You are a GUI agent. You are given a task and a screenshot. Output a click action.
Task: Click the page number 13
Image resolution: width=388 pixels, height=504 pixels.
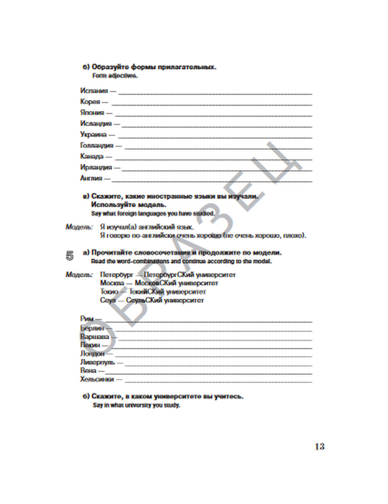click(319, 447)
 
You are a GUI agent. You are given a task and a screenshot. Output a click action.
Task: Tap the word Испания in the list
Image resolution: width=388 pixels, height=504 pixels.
click(94, 91)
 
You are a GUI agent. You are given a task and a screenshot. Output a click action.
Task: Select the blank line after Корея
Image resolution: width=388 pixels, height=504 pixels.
click(211, 104)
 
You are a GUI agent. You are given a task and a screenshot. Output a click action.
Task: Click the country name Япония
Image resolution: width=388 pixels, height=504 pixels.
click(92, 113)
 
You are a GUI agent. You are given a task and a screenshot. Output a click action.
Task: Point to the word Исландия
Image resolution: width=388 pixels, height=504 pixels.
click(96, 124)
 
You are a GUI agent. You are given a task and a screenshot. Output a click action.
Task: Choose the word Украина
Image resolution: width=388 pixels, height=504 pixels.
click(93, 135)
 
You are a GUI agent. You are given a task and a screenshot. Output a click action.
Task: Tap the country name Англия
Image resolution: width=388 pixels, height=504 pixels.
click(91, 178)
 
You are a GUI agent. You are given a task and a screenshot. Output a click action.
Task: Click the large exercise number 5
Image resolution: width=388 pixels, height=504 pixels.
click(70, 256)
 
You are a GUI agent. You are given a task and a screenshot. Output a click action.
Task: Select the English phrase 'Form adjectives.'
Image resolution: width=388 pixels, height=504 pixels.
click(115, 76)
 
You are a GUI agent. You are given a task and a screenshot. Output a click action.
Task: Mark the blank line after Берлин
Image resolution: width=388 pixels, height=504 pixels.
click(213, 330)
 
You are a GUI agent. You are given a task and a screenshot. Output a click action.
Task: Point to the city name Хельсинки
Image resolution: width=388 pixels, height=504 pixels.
click(97, 379)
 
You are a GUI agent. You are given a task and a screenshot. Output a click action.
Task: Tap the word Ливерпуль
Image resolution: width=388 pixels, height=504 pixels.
click(97, 362)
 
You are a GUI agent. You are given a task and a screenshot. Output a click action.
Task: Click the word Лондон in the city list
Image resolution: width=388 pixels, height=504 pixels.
click(92, 354)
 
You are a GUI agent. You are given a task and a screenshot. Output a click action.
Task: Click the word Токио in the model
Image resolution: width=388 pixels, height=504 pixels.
click(109, 292)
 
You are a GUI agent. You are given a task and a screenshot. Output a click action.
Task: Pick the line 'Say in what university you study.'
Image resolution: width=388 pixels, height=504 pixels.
click(136, 406)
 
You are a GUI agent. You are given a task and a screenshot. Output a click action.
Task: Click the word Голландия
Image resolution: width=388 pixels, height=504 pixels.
click(97, 145)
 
